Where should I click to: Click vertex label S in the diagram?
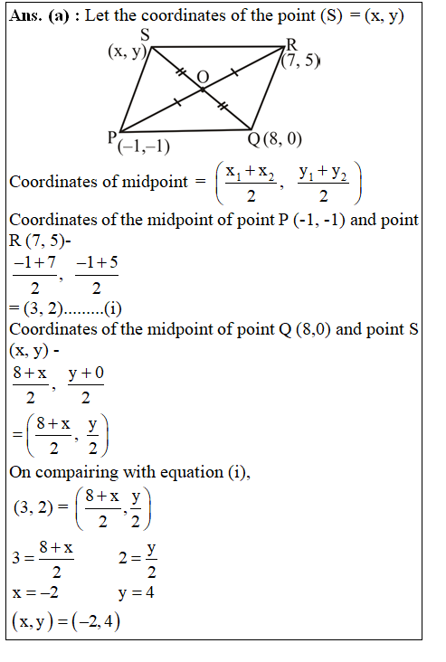[x=145, y=35]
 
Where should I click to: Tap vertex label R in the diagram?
[x=291, y=45]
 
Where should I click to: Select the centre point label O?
[x=204, y=79]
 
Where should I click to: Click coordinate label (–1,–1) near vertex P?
[x=144, y=147]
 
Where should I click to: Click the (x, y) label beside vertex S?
[x=128, y=52]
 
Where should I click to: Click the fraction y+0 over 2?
[x=86, y=384]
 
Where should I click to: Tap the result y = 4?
[x=137, y=594]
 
